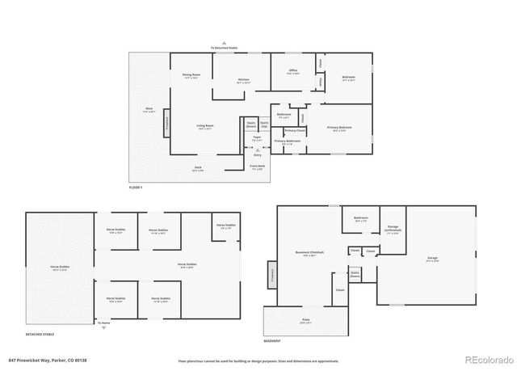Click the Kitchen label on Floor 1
pos(243,79)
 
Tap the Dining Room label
pos(191,77)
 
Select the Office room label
pos(293,71)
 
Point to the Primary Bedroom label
pos(339,128)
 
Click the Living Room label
pos(204,126)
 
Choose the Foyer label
pos(257,138)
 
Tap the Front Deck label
pos(257,167)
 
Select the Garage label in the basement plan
pos(432,260)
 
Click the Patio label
pos(306,320)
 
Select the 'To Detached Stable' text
pos(225,48)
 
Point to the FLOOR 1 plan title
pos(136,187)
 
